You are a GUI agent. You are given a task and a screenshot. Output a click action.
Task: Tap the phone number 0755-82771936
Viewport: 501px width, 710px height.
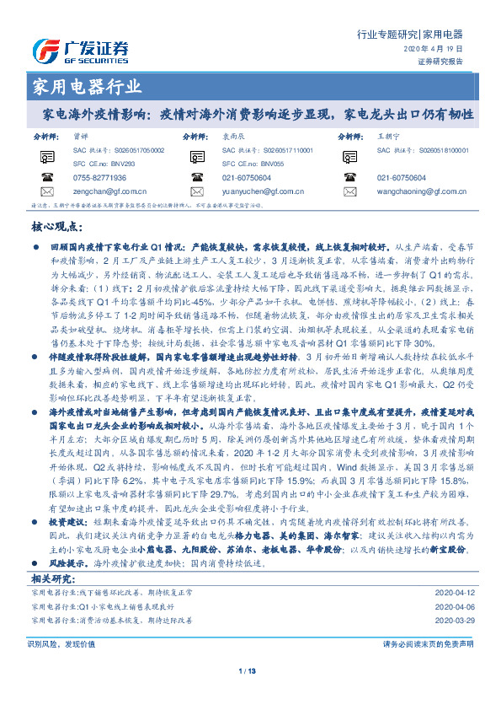click(99, 178)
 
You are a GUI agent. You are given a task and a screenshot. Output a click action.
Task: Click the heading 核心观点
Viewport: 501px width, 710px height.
click(57, 227)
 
